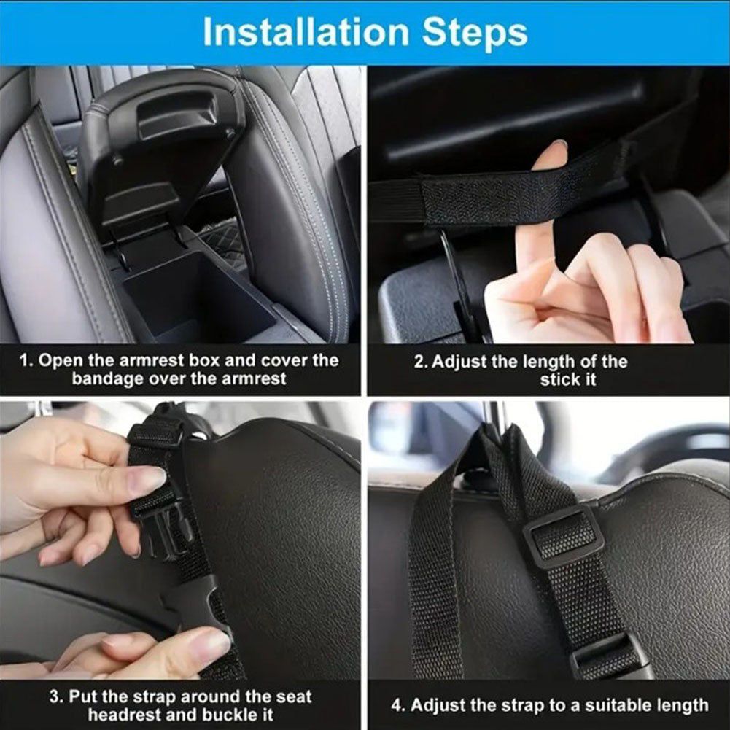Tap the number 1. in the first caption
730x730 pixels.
26,360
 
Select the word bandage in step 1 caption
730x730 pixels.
107,379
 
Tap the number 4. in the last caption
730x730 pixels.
398,705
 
